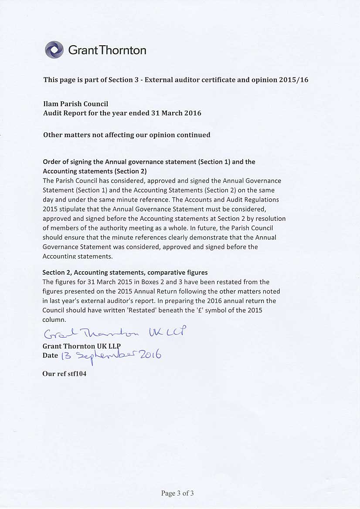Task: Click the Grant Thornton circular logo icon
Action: point(54,50)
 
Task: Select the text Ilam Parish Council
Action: point(75,104)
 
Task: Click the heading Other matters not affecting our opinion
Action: point(126,135)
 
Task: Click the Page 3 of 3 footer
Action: point(177,493)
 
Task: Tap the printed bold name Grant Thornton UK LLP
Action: point(82,346)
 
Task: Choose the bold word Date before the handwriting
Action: point(50,355)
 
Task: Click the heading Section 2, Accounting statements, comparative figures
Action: point(125,273)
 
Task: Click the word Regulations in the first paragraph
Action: point(262,199)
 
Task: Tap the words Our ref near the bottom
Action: point(52,374)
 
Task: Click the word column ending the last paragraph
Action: point(53,320)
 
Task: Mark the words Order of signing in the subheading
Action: point(65,162)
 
